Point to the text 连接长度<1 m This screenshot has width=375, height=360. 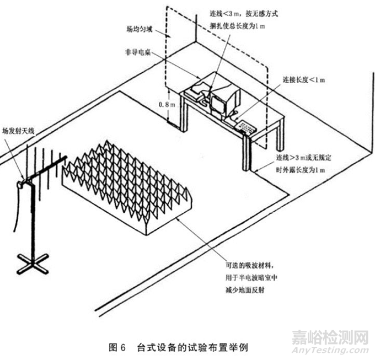click(x=304, y=80)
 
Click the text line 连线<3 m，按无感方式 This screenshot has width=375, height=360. click(x=242, y=14)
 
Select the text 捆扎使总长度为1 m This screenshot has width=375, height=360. click(x=240, y=26)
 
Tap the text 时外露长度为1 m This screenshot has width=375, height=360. click(x=301, y=168)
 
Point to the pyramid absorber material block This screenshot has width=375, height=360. click(x=127, y=182)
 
